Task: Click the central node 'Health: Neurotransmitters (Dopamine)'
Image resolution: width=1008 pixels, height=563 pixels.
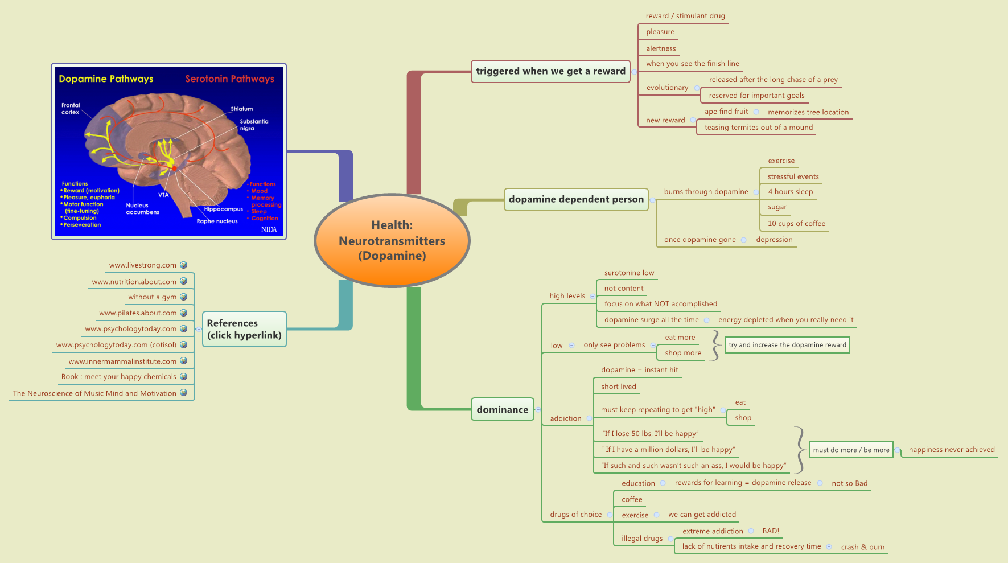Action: (392, 240)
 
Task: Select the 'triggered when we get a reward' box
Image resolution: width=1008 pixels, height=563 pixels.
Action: (550, 71)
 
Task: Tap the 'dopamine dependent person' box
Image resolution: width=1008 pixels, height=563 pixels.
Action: (575, 199)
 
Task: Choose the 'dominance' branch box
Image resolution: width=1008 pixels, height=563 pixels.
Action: (502, 409)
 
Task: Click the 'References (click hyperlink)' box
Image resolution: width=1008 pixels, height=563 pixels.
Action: (244, 329)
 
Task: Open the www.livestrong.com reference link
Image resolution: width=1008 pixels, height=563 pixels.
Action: (143, 265)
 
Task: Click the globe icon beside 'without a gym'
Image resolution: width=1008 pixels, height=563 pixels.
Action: (183, 297)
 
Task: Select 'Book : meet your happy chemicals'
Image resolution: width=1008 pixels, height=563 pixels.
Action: (118, 377)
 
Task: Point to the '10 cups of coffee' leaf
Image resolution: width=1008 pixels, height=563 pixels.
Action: (796, 224)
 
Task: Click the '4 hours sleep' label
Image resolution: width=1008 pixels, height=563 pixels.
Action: (790, 192)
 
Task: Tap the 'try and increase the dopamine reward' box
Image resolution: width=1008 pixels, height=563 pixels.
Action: (787, 345)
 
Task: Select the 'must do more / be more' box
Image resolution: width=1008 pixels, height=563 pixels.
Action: (851, 450)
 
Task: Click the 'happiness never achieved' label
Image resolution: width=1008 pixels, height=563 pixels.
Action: (951, 450)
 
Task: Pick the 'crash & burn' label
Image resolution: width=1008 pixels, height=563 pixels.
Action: (862, 547)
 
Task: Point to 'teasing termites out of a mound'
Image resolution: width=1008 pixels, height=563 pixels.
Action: (758, 128)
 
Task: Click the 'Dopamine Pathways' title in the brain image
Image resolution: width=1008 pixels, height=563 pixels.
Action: (106, 79)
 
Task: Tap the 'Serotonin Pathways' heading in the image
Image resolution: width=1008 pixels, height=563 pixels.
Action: (229, 79)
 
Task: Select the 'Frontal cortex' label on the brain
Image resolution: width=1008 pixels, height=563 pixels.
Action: (71, 109)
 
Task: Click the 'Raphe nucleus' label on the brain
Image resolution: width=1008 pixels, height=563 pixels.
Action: (217, 221)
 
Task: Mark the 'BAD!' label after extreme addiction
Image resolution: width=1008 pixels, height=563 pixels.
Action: (771, 531)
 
